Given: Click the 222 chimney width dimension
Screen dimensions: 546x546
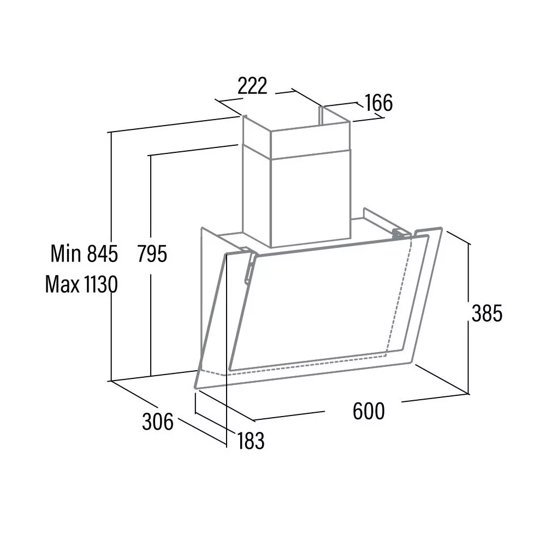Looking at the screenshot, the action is pyautogui.click(x=252, y=86).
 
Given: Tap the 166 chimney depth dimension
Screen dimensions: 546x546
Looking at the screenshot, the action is pyautogui.click(x=379, y=103).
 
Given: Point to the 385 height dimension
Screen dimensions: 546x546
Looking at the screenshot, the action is pyautogui.click(x=487, y=313).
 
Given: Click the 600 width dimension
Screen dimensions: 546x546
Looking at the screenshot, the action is pyautogui.click(x=369, y=411).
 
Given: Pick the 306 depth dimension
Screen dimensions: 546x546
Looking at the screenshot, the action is pyautogui.click(x=157, y=422).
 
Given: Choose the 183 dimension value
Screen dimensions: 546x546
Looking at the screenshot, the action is pyautogui.click(x=251, y=441).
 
